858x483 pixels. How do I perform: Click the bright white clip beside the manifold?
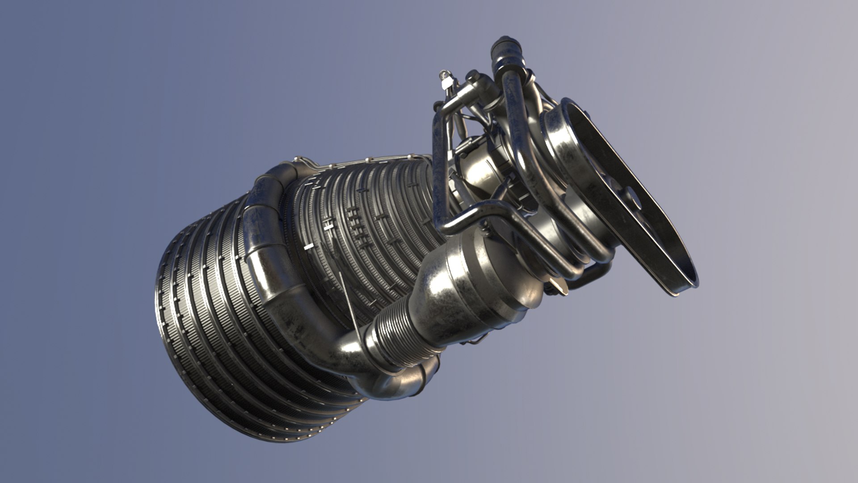point(308,247)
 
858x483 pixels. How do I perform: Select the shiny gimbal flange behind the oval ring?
point(559,148)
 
